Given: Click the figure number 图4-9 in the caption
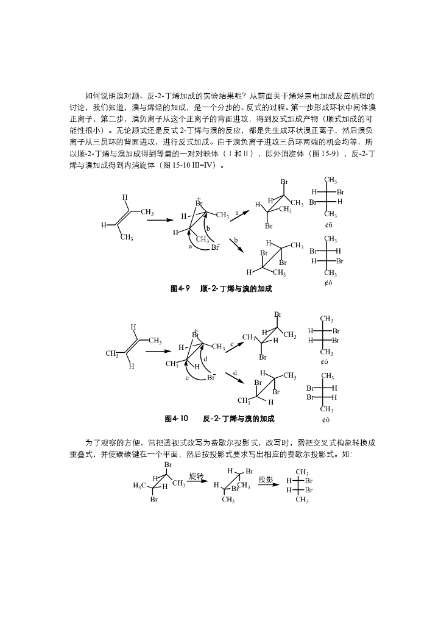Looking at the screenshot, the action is (180, 289).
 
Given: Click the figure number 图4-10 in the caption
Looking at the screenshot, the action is (176, 419).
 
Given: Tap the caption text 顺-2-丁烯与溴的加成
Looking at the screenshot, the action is (236, 289).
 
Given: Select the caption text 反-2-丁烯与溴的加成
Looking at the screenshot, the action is (239, 419).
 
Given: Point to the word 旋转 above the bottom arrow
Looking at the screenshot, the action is (196, 475).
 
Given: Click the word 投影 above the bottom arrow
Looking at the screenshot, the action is (266, 479).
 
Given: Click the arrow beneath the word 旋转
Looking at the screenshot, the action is (197, 482).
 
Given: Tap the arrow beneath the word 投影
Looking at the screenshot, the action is (266, 486).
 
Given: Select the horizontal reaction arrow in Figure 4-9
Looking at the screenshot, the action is (160, 221).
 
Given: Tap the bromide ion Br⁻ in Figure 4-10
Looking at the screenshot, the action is (211, 377).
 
